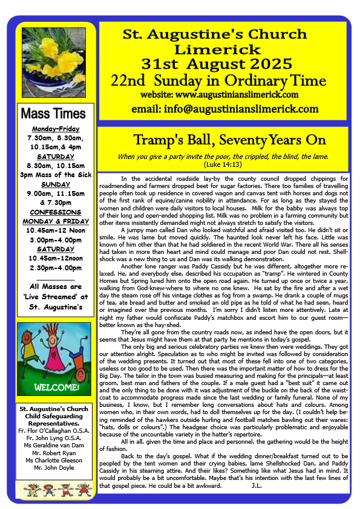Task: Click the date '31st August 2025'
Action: coord(223,63)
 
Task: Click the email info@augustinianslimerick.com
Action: coord(225,109)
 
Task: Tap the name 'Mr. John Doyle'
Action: coord(53,468)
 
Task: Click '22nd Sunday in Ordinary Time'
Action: coord(223,80)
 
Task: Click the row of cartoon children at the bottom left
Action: coord(53,487)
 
